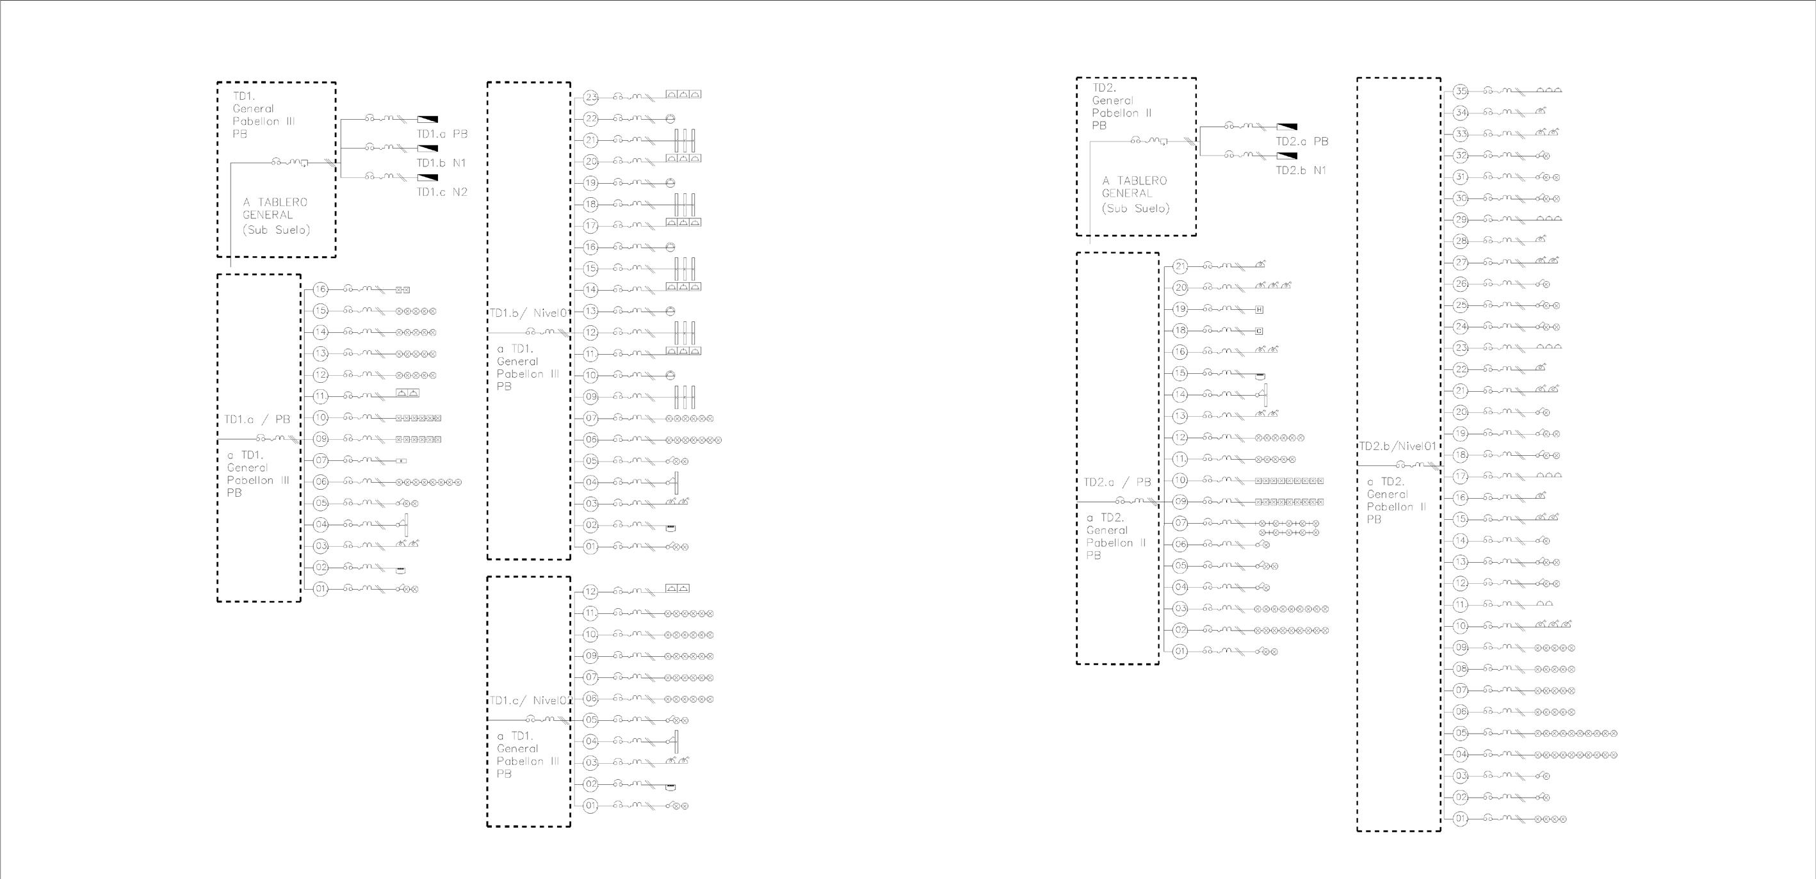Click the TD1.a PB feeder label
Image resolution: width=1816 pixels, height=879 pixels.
pyautogui.click(x=442, y=134)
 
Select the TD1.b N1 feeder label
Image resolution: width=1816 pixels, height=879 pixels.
pyautogui.click(x=441, y=163)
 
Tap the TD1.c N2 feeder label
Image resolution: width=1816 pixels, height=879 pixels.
pyautogui.click(x=442, y=191)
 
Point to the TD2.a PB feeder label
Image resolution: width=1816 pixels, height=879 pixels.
pyautogui.click(x=1301, y=141)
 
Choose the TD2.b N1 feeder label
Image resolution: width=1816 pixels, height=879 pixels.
pyautogui.click(x=1301, y=170)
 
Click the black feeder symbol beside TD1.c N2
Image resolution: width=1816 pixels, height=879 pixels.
pyautogui.click(x=427, y=177)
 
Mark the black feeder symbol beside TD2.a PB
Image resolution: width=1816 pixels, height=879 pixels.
pyautogui.click(x=1286, y=127)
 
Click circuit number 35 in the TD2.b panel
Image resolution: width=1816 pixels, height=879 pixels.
pyautogui.click(x=1461, y=91)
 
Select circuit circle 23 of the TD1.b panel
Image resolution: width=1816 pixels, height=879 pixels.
pyautogui.click(x=591, y=97)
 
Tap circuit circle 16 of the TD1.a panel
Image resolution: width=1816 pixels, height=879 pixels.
pyautogui.click(x=321, y=289)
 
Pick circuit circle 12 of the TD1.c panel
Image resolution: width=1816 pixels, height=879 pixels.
pyautogui.click(x=591, y=592)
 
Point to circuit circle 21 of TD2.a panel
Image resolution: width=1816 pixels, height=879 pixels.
pyautogui.click(x=1180, y=266)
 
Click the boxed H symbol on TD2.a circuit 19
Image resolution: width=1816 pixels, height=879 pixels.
pyautogui.click(x=1259, y=309)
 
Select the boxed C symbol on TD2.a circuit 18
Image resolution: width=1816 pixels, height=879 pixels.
pyautogui.click(x=1259, y=330)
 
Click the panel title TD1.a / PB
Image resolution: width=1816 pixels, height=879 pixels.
pyautogui.click(x=257, y=419)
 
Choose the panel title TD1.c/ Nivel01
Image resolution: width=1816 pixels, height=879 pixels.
pyautogui.click(x=529, y=700)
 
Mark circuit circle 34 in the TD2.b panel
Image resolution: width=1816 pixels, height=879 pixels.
pyautogui.click(x=1461, y=113)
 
